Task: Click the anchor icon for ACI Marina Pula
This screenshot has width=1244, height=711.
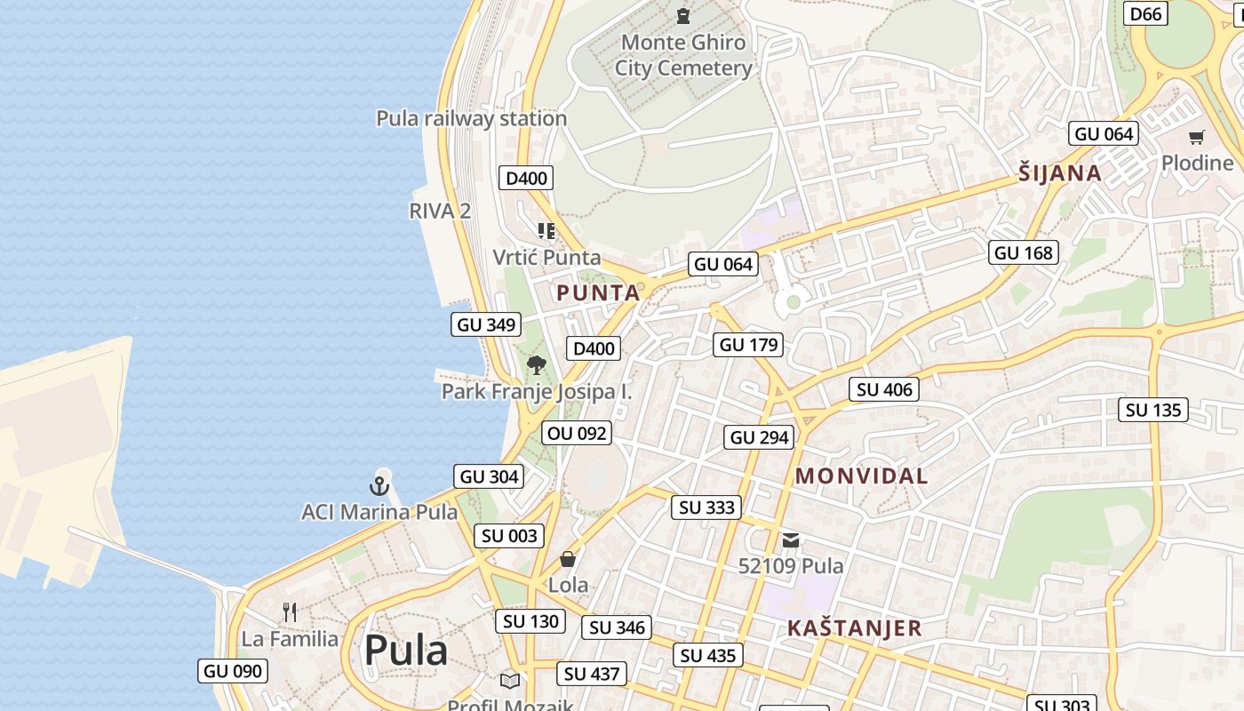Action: (x=379, y=485)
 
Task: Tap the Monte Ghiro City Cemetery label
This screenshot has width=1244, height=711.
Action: (x=683, y=55)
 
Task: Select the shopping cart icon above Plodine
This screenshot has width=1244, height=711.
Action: (x=1197, y=138)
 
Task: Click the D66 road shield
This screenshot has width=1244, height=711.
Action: (x=1145, y=13)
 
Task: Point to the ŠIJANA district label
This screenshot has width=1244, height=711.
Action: (x=1060, y=173)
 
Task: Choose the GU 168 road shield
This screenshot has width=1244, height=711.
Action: (x=1024, y=252)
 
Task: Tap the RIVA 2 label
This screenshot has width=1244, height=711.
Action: (x=440, y=211)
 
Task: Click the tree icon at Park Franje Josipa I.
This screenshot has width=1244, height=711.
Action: (x=536, y=364)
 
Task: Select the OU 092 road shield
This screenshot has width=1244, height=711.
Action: (x=578, y=433)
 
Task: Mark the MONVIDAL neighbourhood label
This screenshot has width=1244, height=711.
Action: (x=861, y=476)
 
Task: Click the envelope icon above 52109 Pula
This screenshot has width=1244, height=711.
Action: (x=791, y=540)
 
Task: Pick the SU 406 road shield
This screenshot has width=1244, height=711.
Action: (x=884, y=389)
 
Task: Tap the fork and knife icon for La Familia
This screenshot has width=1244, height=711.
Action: (x=290, y=611)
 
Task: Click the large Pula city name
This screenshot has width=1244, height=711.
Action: (x=405, y=650)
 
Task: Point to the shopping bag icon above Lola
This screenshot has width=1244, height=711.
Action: (x=568, y=559)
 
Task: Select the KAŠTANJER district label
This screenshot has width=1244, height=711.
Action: (x=854, y=628)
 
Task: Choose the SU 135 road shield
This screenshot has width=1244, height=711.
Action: (x=1153, y=410)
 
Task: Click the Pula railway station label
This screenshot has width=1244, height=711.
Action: (x=471, y=118)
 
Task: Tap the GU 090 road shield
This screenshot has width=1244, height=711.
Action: (x=233, y=671)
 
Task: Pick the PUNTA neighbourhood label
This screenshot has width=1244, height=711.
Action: (x=598, y=292)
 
